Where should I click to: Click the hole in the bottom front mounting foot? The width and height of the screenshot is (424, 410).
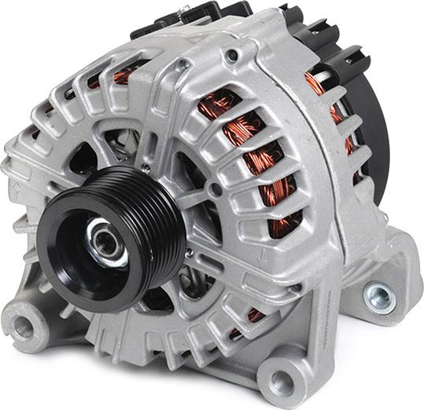280,383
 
